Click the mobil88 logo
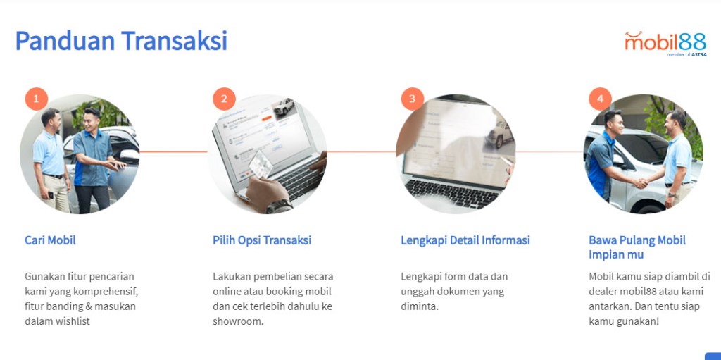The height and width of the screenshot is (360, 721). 665,43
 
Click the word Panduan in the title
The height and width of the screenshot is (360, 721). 65,41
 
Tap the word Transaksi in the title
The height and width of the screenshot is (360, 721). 175,41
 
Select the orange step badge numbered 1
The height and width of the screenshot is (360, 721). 37,99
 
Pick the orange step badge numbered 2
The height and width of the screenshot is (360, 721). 224,99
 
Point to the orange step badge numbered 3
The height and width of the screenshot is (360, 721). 412,99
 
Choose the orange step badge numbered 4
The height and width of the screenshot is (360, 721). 600,99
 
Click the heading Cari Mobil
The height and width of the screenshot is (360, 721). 50,240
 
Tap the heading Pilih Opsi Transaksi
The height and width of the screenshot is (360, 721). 262,240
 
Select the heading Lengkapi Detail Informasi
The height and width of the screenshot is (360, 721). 465,240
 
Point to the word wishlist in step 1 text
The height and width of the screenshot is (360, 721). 70,321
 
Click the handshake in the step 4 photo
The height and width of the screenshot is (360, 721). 640,182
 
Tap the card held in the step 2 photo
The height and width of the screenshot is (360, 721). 261,165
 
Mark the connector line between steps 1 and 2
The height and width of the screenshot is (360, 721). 173,151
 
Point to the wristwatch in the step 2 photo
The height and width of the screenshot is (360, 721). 279,206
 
